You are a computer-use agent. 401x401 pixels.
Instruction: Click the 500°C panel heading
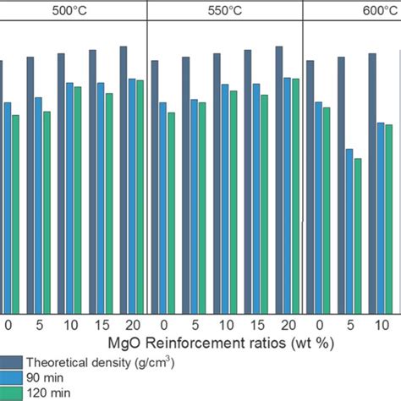[72, 11]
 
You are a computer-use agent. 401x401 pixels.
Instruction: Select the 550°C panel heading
[224, 11]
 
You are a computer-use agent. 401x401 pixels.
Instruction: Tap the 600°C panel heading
[360, 11]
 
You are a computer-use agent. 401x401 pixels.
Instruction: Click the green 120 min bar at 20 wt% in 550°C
[295, 195]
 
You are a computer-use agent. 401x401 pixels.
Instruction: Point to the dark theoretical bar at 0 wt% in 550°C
[155, 186]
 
